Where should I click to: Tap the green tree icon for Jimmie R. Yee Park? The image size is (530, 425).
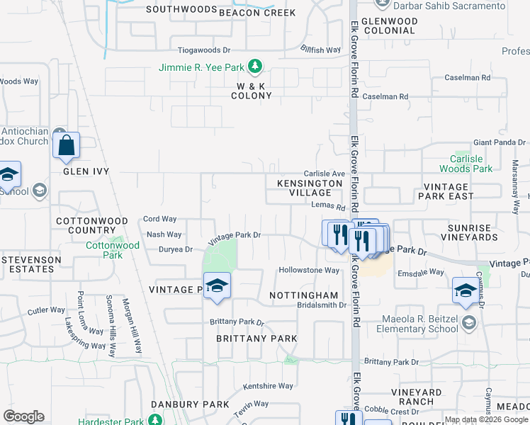point(255,68)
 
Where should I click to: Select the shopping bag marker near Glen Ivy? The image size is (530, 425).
point(66,145)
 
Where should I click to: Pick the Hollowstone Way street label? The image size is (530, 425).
point(309,271)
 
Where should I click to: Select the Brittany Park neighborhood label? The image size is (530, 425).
point(256,339)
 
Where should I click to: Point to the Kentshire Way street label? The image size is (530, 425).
point(268,386)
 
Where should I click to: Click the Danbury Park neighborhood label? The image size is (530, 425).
point(189,404)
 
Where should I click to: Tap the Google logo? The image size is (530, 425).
point(23,416)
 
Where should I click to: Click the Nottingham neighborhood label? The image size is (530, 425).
point(303,295)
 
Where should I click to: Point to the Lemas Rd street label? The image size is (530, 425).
point(327,208)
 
